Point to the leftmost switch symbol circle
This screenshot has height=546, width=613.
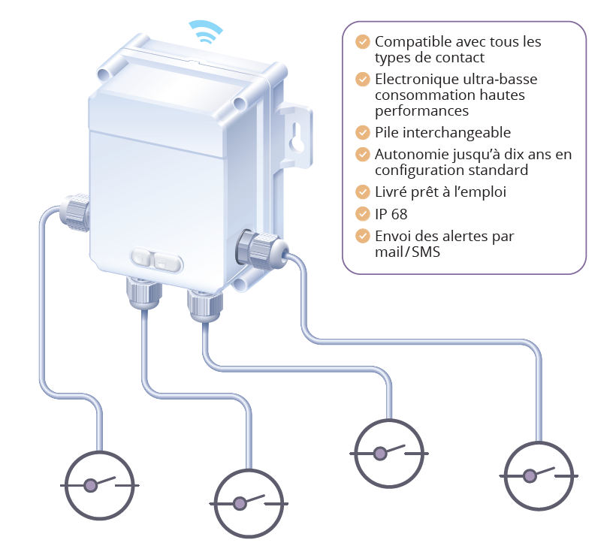[x=99, y=484]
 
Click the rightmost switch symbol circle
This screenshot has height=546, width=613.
[x=539, y=475]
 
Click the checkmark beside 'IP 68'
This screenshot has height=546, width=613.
[x=363, y=214]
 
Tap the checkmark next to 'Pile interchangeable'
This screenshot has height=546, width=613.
[x=363, y=133]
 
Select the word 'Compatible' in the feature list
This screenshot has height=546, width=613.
[x=410, y=42]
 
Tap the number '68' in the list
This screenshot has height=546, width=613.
[x=399, y=214]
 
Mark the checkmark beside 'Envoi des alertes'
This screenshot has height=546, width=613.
[x=363, y=236]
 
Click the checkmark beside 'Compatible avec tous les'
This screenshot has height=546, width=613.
[x=363, y=42]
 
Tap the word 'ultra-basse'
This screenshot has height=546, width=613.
[x=497, y=79]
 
